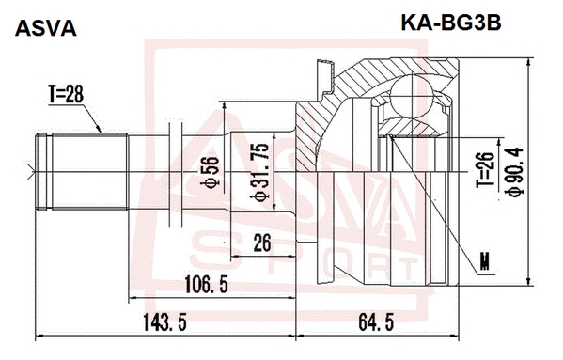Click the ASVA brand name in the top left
46,28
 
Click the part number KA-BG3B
450,23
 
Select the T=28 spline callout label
66,94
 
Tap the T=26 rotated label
485,169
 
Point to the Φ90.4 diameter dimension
514,172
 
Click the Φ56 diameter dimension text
210,172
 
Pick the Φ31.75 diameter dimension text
259,172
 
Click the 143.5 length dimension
164,322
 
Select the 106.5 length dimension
206,284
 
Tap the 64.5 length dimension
376,322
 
